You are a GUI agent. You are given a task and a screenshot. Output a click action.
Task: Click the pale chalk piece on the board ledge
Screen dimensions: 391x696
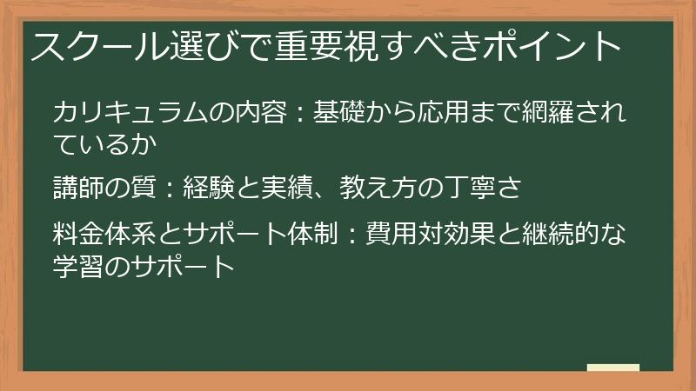(x=613, y=368)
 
